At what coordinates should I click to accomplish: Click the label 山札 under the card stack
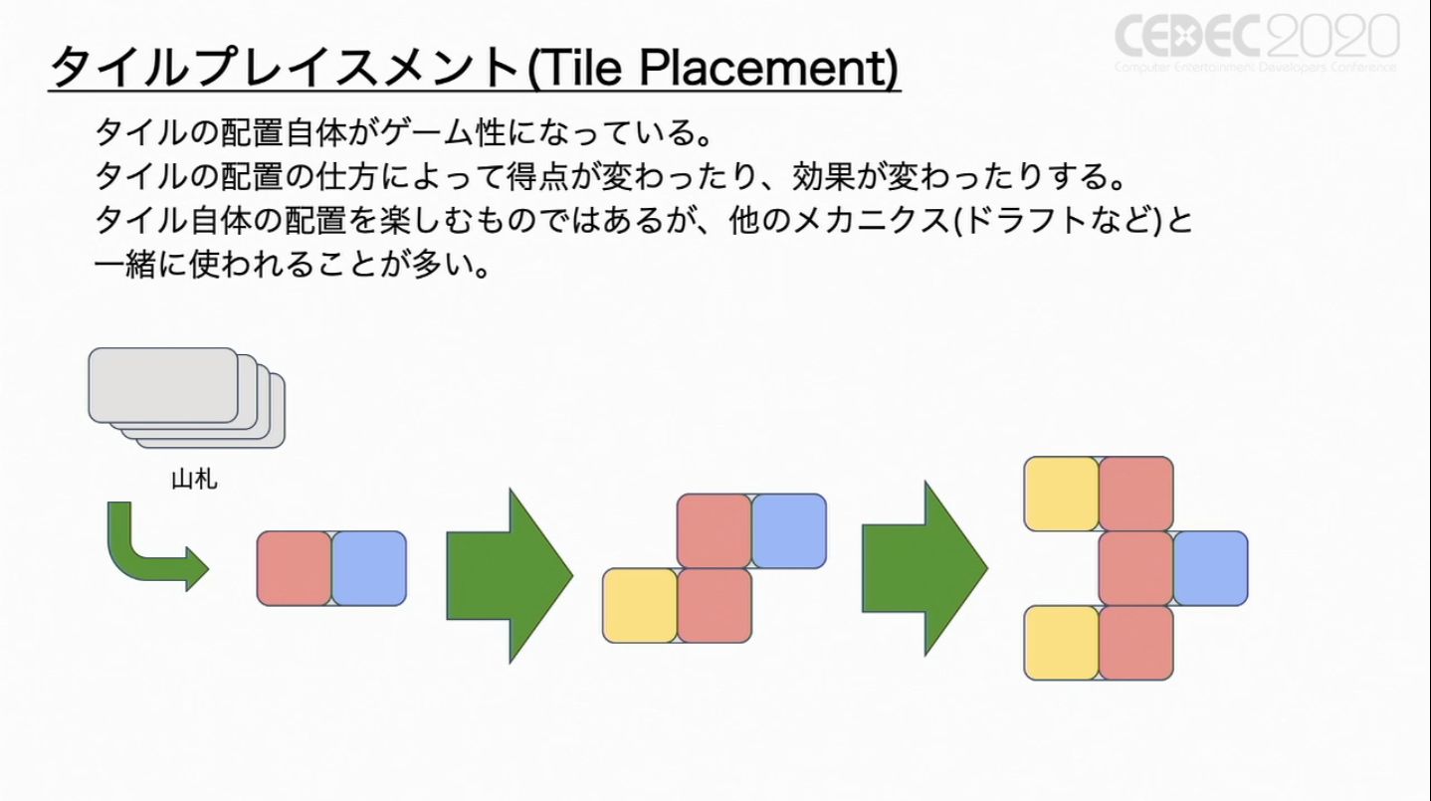pyautogui.click(x=194, y=481)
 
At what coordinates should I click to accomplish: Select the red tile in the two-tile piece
pyautogui.click(x=295, y=568)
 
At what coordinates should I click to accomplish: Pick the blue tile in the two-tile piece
pyautogui.click(x=369, y=568)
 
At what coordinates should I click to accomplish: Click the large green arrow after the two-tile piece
pyautogui.click(x=509, y=575)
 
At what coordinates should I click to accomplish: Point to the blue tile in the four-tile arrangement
pyautogui.click(x=789, y=530)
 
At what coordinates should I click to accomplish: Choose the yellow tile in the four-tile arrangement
pyautogui.click(x=640, y=605)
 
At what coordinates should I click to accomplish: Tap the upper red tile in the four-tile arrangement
pyautogui.click(x=715, y=530)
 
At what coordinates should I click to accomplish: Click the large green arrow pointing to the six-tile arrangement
pyautogui.click(x=923, y=568)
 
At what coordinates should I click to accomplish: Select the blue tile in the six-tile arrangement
pyautogui.click(x=1210, y=568)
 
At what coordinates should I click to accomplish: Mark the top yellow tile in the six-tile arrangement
pyautogui.click(x=1061, y=494)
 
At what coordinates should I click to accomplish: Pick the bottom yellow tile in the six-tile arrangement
pyautogui.click(x=1061, y=643)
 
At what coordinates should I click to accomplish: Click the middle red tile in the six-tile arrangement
pyautogui.click(x=1135, y=568)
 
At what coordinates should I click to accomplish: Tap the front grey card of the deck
pyautogui.click(x=163, y=384)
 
